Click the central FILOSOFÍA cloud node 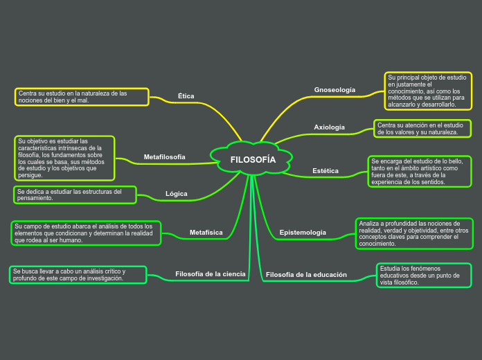coord(253,160)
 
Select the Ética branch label coord(186,96)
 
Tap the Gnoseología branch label coord(334,90)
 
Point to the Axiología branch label coord(330,127)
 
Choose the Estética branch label coord(325,170)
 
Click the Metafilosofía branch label coord(164,157)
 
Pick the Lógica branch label coord(177,194)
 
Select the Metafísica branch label coord(206,233)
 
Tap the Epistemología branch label coord(303,233)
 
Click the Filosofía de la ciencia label coord(211,274)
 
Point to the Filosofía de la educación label coord(306,275)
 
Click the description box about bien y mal coord(82,97)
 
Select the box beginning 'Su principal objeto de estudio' coord(428,91)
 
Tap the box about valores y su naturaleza coord(422,129)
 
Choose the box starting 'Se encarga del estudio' coord(420,172)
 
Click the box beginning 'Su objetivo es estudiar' coord(64,158)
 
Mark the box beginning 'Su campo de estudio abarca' coord(86,233)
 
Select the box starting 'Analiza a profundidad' coord(414,233)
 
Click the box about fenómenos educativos coord(424,275)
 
